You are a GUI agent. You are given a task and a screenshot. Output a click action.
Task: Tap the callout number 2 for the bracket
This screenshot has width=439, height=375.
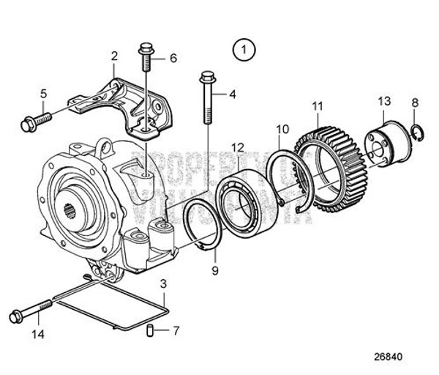click(114, 56)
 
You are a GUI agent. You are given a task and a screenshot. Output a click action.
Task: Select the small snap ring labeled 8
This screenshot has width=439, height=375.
click(415, 132)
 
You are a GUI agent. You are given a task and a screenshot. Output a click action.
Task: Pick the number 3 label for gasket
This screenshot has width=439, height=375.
click(162, 282)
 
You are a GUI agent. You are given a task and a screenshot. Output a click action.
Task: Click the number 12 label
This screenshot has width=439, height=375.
click(236, 147)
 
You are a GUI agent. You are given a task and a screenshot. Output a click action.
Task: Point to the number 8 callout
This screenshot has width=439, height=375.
click(415, 103)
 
